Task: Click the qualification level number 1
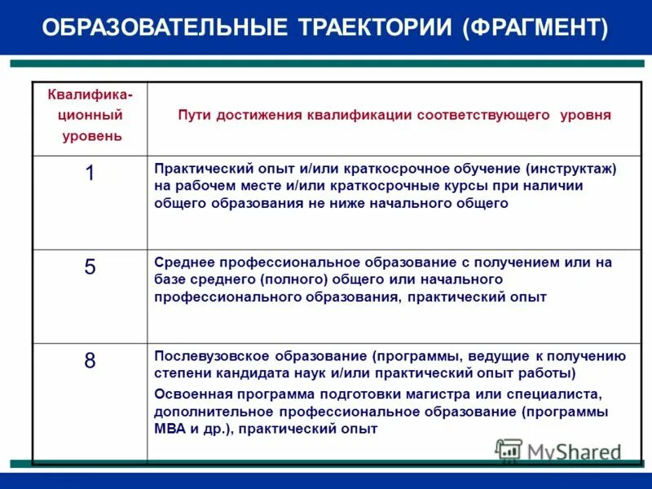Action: coord(90,172)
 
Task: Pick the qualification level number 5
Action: coord(90,267)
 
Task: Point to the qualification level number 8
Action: coord(90,361)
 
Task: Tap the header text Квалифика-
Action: coord(91,95)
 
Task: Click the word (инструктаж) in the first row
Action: coord(570,169)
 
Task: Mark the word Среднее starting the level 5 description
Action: coord(181,262)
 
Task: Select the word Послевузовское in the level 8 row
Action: coord(204,356)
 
